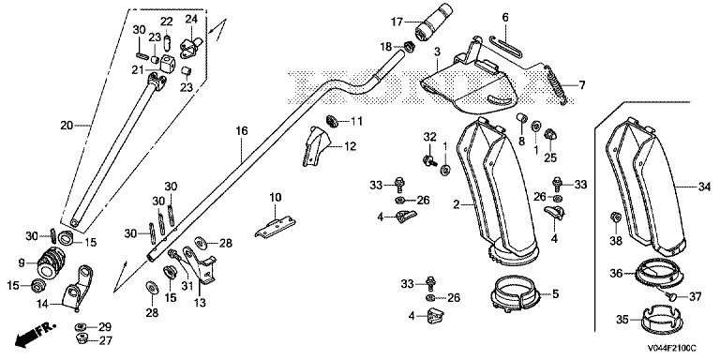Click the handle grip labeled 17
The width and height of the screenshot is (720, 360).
[434, 22]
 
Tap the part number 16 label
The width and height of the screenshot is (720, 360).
[242, 131]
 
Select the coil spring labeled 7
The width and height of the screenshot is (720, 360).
[556, 85]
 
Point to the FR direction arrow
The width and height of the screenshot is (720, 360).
[35, 335]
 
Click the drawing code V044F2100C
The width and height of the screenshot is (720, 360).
[672, 349]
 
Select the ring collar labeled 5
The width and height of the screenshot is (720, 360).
[516, 295]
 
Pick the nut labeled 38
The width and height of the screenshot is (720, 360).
[616, 217]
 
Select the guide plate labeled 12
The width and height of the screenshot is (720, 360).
[315, 146]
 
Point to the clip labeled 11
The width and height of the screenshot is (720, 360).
[333, 121]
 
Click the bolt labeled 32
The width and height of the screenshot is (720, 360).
[428, 160]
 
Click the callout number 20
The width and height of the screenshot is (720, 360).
[67, 126]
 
